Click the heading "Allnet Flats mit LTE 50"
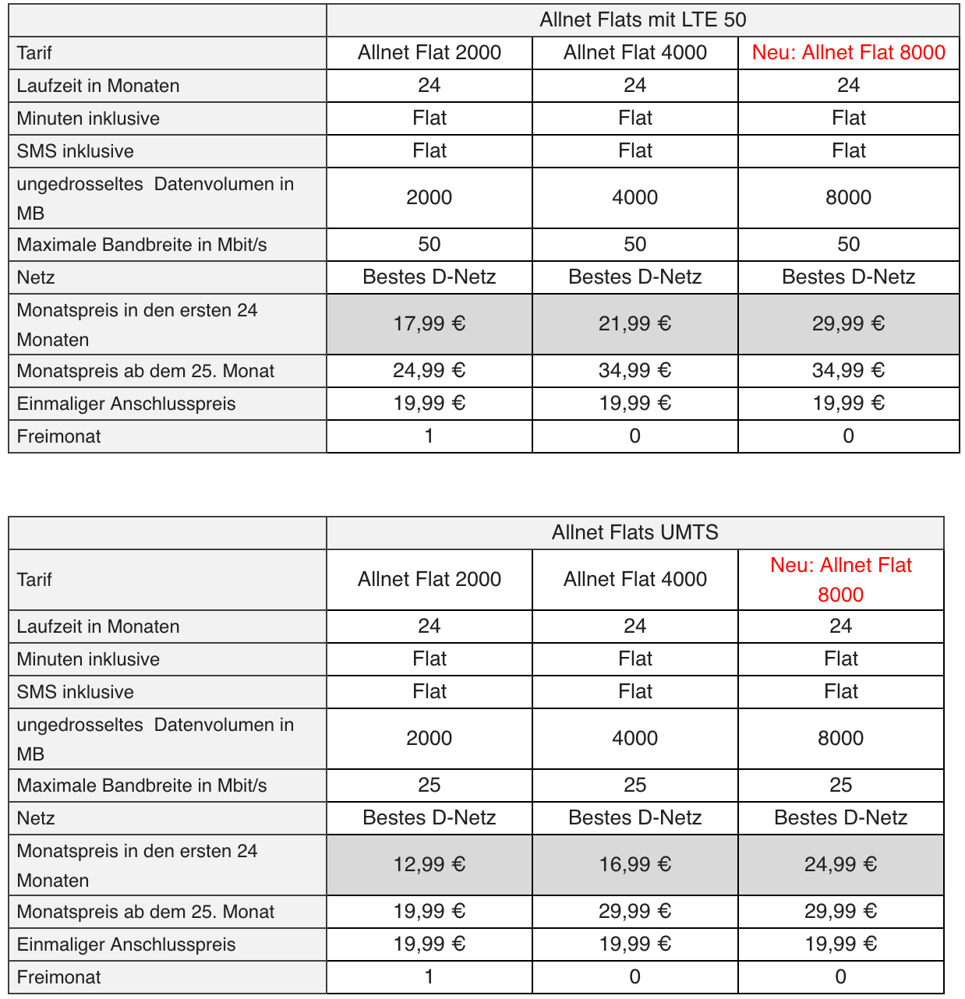pos(642,20)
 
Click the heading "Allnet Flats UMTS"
pos(634,533)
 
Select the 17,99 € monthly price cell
pos(429,324)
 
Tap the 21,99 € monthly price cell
pos(634,324)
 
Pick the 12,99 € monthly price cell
pos(429,865)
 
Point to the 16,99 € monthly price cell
pos(634,865)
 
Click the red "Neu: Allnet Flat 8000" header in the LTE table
pos(848,53)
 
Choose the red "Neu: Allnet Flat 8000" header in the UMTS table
pos(840,580)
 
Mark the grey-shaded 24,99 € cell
pos(840,865)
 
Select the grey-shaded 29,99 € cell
pos(848,324)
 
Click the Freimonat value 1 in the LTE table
pos(429,436)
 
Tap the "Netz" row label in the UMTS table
pos(36,818)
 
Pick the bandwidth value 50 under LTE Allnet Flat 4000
pos(634,245)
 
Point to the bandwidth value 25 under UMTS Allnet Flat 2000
pos(429,785)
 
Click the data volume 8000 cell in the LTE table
pos(848,198)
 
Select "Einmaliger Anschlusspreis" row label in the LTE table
pos(126,404)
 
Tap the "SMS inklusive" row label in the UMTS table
pos(76,692)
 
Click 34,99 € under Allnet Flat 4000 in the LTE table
pos(634,371)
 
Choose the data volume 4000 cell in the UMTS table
pos(634,739)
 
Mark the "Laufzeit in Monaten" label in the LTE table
pos(98,86)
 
